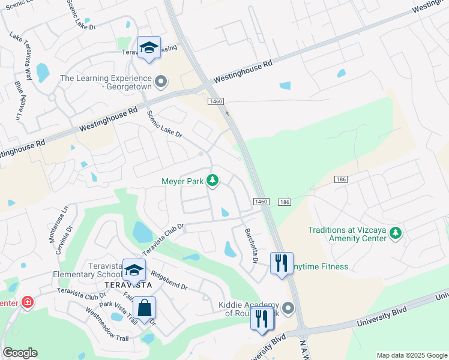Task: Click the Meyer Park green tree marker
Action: (212, 179)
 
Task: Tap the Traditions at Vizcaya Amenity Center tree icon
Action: (395, 233)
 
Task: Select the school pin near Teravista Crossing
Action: (149, 49)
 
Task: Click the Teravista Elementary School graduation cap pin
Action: (134, 270)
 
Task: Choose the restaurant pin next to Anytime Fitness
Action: (282, 263)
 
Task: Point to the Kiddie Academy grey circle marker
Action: (288, 308)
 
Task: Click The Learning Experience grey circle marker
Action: (160, 81)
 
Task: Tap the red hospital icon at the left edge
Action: (26, 302)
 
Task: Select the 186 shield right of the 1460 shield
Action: (285, 202)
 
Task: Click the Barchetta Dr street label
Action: (250, 246)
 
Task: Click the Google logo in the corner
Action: (20, 353)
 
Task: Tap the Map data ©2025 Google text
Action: (412, 355)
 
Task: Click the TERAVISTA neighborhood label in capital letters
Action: (125, 284)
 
